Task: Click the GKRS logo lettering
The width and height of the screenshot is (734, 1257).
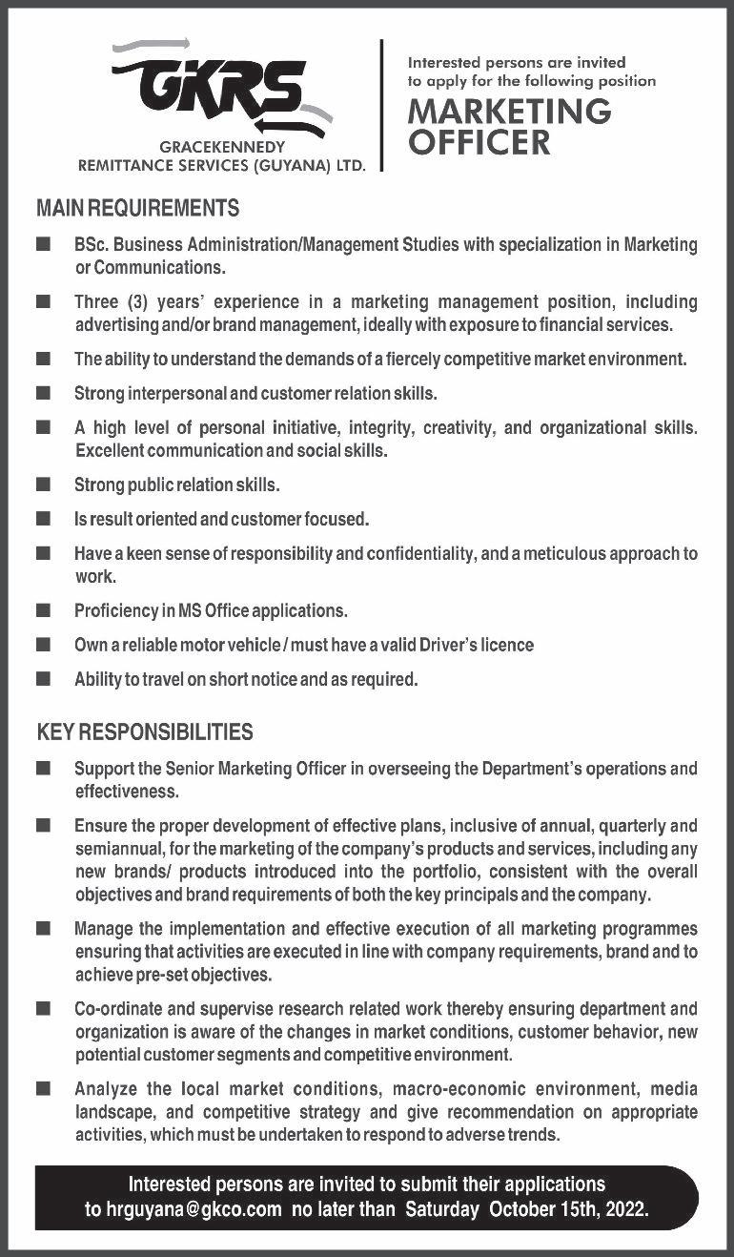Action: (x=219, y=87)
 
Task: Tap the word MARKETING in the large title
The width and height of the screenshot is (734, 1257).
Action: (x=509, y=112)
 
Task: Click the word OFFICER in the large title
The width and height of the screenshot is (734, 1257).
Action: (x=479, y=143)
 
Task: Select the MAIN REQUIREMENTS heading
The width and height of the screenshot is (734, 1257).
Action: (x=137, y=207)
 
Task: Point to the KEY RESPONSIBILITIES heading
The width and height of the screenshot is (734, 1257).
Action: (x=145, y=732)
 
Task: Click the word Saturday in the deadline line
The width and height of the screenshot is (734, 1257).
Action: (x=443, y=1209)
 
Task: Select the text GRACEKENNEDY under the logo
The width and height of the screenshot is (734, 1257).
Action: (x=222, y=148)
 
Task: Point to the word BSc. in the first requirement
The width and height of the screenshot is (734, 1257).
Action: (x=92, y=245)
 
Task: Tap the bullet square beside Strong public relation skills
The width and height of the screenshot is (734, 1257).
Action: (x=43, y=485)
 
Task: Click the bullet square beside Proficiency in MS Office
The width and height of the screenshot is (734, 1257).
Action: (x=43, y=610)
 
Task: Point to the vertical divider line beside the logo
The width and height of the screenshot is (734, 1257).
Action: (x=382, y=105)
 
